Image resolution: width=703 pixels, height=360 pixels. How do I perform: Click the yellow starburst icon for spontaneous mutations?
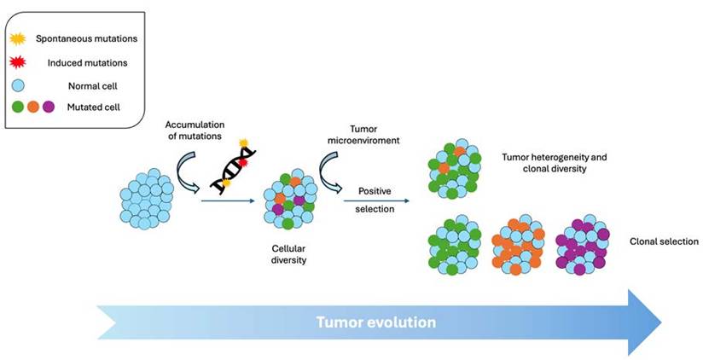[x=18, y=38]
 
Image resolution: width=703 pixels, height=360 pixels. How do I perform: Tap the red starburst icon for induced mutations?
[x=18, y=62]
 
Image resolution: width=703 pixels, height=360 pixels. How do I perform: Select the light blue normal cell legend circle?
[x=17, y=85]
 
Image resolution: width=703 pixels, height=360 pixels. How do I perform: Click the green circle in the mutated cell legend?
[x=17, y=107]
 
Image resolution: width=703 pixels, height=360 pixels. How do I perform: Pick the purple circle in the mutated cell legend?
[x=48, y=107]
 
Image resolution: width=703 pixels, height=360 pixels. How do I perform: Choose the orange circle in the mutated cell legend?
[x=32, y=107]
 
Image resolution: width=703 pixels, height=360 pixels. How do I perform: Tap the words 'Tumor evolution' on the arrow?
[x=375, y=322]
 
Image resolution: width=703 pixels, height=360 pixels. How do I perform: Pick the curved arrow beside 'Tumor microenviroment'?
[x=328, y=164]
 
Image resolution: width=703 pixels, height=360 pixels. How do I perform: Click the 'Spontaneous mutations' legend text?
[x=85, y=38]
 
